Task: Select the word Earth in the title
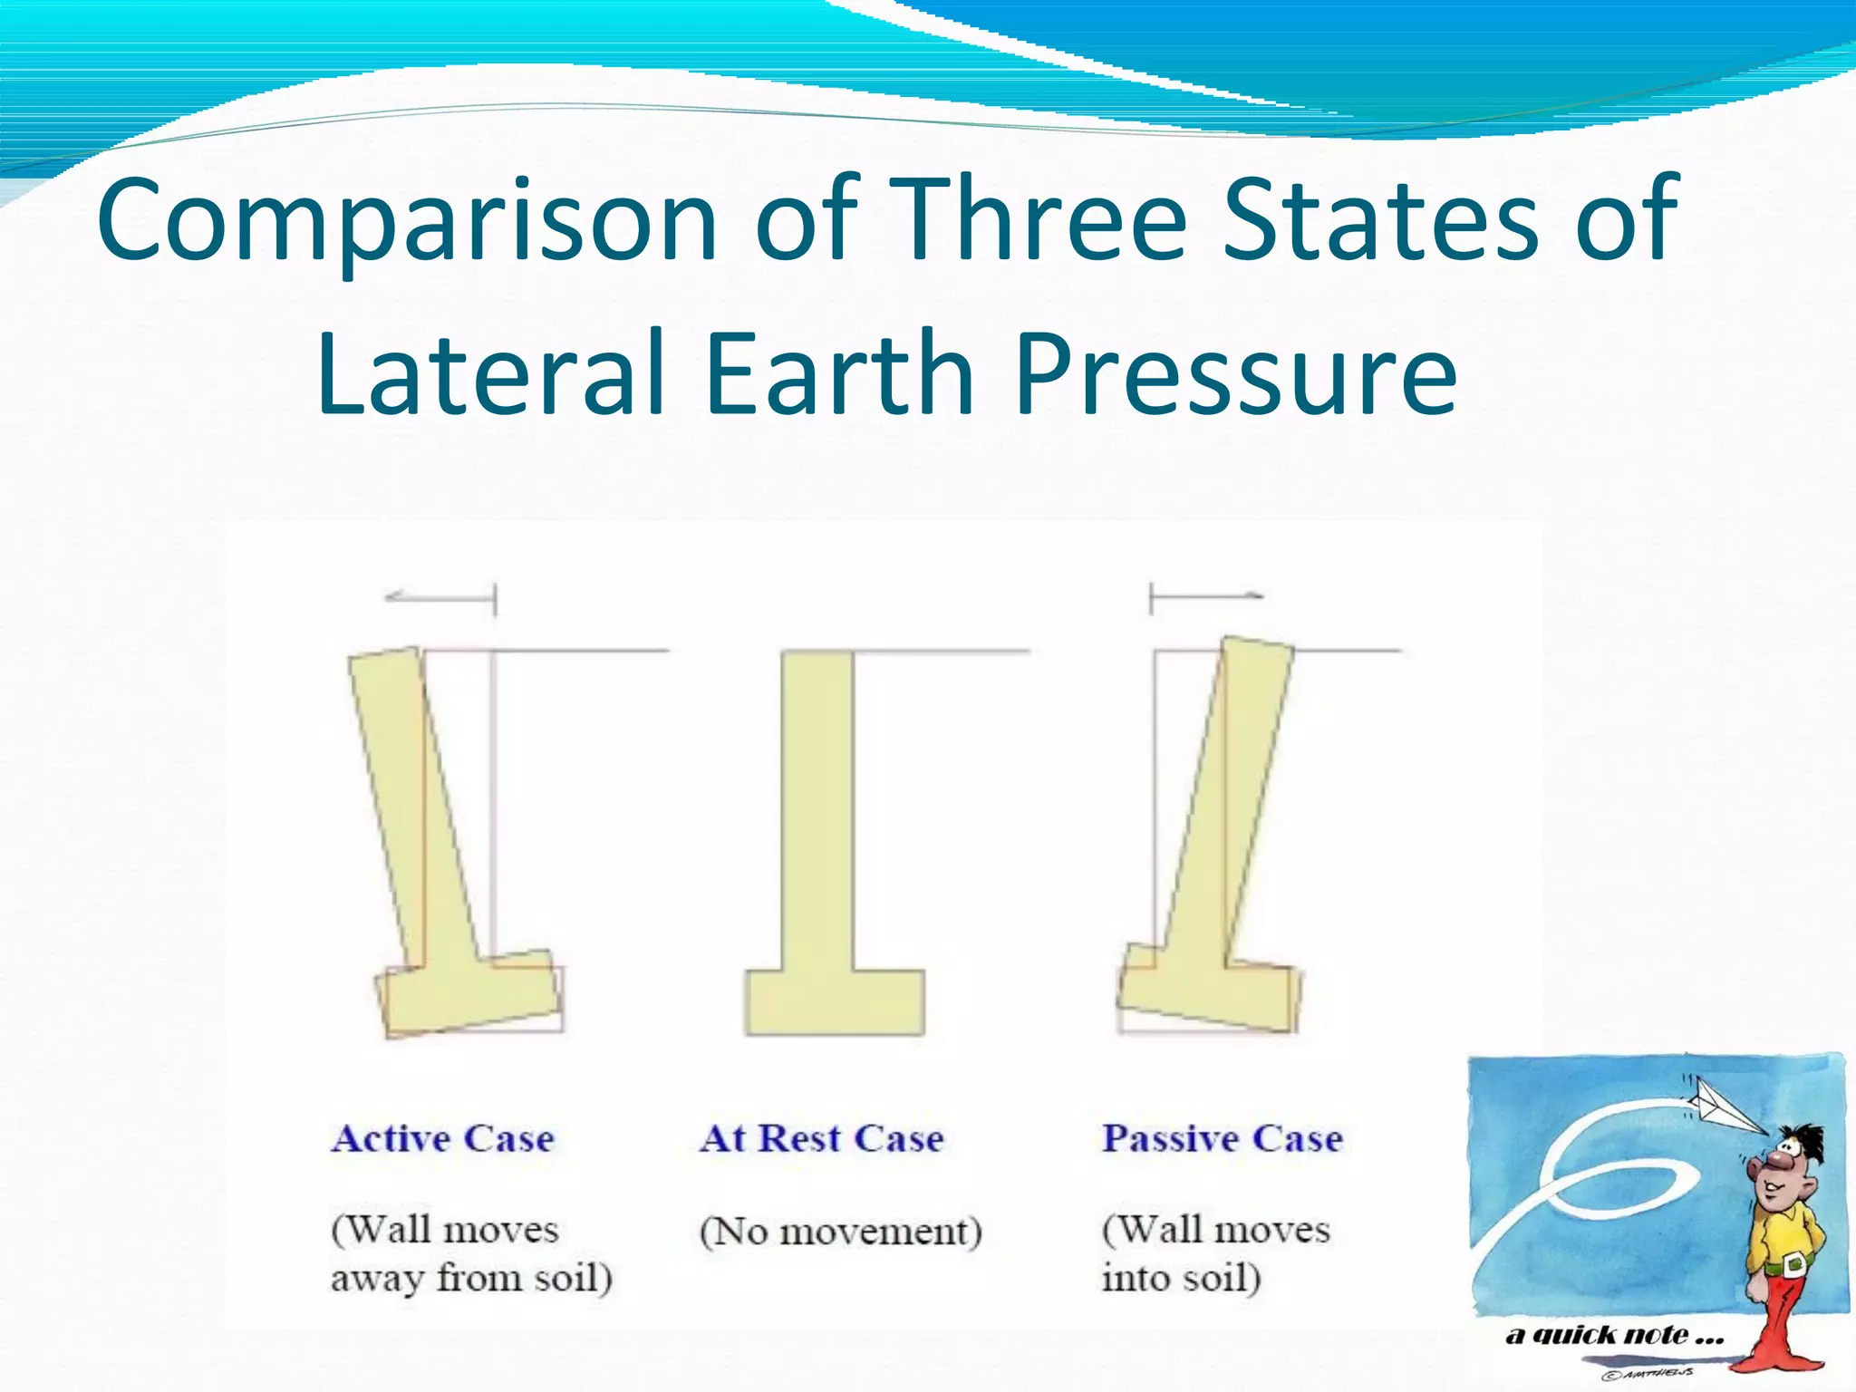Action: (x=839, y=373)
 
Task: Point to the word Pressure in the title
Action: (x=1236, y=373)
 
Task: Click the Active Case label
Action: (x=442, y=1138)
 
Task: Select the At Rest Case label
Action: (x=821, y=1138)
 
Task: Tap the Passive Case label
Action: (x=1222, y=1138)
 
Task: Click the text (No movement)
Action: (x=840, y=1232)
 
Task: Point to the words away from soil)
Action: (x=471, y=1279)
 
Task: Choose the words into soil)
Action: (x=1181, y=1279)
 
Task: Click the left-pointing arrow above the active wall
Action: (x=440, y=597)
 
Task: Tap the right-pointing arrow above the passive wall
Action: (x=1206, y=596)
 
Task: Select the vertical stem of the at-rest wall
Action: (x=817, y=807)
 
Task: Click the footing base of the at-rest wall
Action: (x=835, y=1002)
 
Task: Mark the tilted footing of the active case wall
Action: (x=469, y=993)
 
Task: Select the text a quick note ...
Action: (x=1613, y=1335)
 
